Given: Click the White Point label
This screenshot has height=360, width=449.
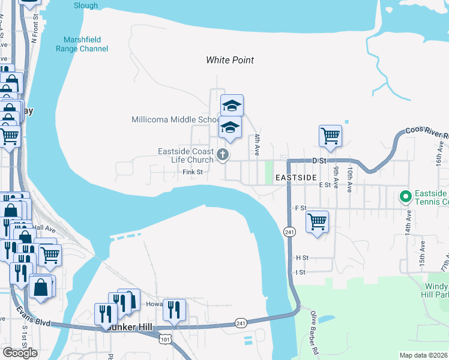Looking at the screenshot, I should pyautogui.click(x=230, y=60).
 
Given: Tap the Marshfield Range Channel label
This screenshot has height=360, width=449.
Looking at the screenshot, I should pyautogui.click(x=82, y=44).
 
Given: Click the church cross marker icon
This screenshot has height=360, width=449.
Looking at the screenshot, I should pyautogui.click(x=223, y=155).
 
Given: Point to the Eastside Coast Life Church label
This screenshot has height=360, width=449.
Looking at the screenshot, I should pyautogui.click(x=185, y=155).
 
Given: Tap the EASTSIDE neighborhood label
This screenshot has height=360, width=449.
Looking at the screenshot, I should pyautogui.click(x=295, y=178).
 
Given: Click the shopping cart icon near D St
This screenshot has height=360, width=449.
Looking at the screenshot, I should pyautogui.click(x=330, y=136).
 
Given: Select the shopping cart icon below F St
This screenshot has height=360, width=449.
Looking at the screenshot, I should pyautogui.click(x=317, y=221).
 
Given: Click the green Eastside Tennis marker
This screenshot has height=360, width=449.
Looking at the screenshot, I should pyautogui.click(x=405, y=196).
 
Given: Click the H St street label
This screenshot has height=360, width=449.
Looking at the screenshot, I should pyautogui.click(x=301, y=257).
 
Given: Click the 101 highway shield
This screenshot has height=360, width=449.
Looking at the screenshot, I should pyautogui.click(x=164, y=340).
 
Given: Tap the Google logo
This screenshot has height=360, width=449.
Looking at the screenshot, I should pyautogui.click(x=20, y=353).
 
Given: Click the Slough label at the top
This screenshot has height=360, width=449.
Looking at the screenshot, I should pyautogui.click(x=86, y=5).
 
